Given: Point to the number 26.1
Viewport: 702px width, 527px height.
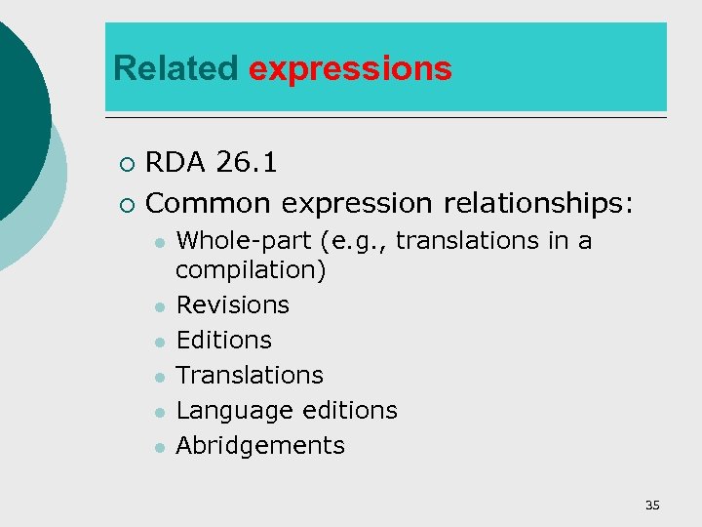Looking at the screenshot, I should [x=247, y=163].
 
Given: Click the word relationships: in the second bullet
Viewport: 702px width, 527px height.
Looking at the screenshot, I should [x=539, y=204].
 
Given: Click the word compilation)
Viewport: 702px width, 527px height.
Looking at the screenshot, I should [x=251, y=269].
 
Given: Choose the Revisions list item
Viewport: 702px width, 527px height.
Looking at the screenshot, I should [x=233, y=304].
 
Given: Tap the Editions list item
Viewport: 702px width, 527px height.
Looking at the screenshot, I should [x=224, y=340].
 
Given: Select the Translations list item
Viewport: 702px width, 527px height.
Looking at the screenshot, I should [x=250, y=375].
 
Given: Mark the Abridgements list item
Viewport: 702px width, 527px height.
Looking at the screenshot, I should [x=260, y=445].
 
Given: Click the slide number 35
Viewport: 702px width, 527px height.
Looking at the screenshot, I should [x=652, y=505].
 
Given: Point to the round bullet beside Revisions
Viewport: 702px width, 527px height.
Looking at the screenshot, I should [x=156, y=306].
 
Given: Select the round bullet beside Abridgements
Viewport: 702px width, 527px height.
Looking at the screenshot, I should [x=156, y=447].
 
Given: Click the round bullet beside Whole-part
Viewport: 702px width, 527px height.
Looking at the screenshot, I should [x=156, y=242].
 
